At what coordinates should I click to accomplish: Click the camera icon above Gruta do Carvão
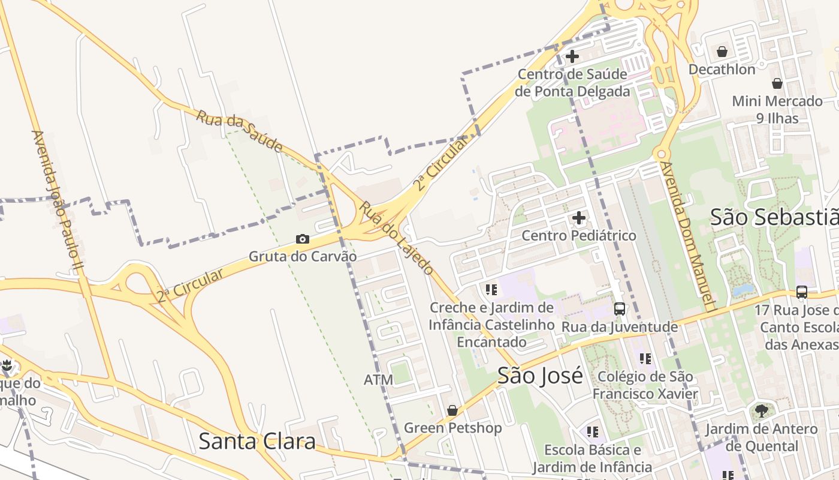(x=303, y=239)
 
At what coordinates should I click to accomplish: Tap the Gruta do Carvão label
(x=303, y=257)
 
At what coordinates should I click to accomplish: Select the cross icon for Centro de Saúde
(x=572, y=56)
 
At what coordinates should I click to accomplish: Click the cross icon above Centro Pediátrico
(x=579, y=217)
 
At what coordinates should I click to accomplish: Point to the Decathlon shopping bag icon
(x=722, y=52)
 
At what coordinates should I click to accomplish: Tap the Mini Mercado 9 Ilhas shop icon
(x=777, y=83)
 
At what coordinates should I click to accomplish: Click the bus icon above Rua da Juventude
(x=620, y=309)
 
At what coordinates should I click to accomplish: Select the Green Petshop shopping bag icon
(x=452, y=410)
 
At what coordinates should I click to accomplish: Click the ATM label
(x=379, y=380)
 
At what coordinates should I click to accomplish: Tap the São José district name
(x=540, y=376)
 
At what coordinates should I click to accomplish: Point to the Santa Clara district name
(x=256, y=441)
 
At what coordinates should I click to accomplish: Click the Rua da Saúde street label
(x=239, y=130)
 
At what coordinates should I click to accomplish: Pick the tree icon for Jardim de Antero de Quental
(x=761, y=411)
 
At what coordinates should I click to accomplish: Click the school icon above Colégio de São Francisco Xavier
(x=645, y=359)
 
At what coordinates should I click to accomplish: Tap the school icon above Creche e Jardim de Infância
(x=491, y=290)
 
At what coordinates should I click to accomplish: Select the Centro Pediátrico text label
(x=579, y=235)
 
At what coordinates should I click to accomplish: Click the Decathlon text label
(x=722, y=69)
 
